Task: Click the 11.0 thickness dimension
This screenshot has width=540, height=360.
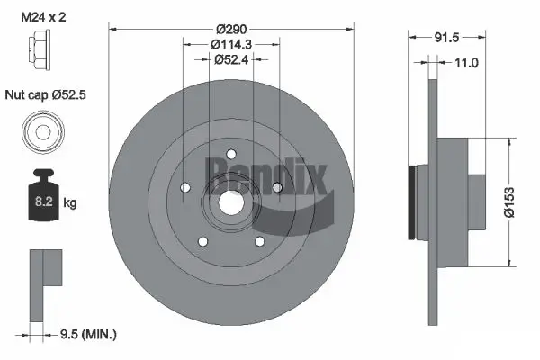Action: [465, 62]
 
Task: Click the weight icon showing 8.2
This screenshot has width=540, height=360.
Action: [40, 200]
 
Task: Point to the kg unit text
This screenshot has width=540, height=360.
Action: [70, 202]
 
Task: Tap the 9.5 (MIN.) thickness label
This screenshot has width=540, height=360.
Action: [86, 334]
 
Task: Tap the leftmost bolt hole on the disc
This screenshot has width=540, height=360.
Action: [186, 187]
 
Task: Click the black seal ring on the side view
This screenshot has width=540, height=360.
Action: [413, 202]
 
